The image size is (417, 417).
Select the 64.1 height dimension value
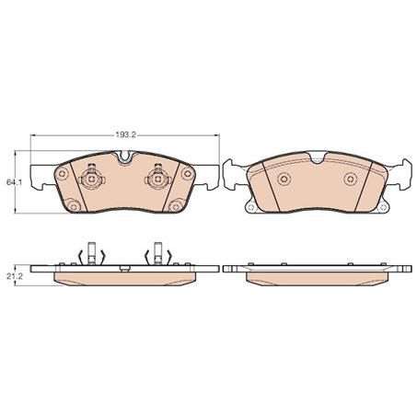point(13,183)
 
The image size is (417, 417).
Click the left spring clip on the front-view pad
point(92,179)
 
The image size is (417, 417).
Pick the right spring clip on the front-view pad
point(157,179)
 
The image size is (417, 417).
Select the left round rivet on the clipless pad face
point(284,179)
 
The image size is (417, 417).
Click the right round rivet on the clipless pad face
point(350,179)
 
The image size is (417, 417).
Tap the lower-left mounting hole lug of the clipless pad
point(250,209)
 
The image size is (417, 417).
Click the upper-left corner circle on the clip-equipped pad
point(62,173)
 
